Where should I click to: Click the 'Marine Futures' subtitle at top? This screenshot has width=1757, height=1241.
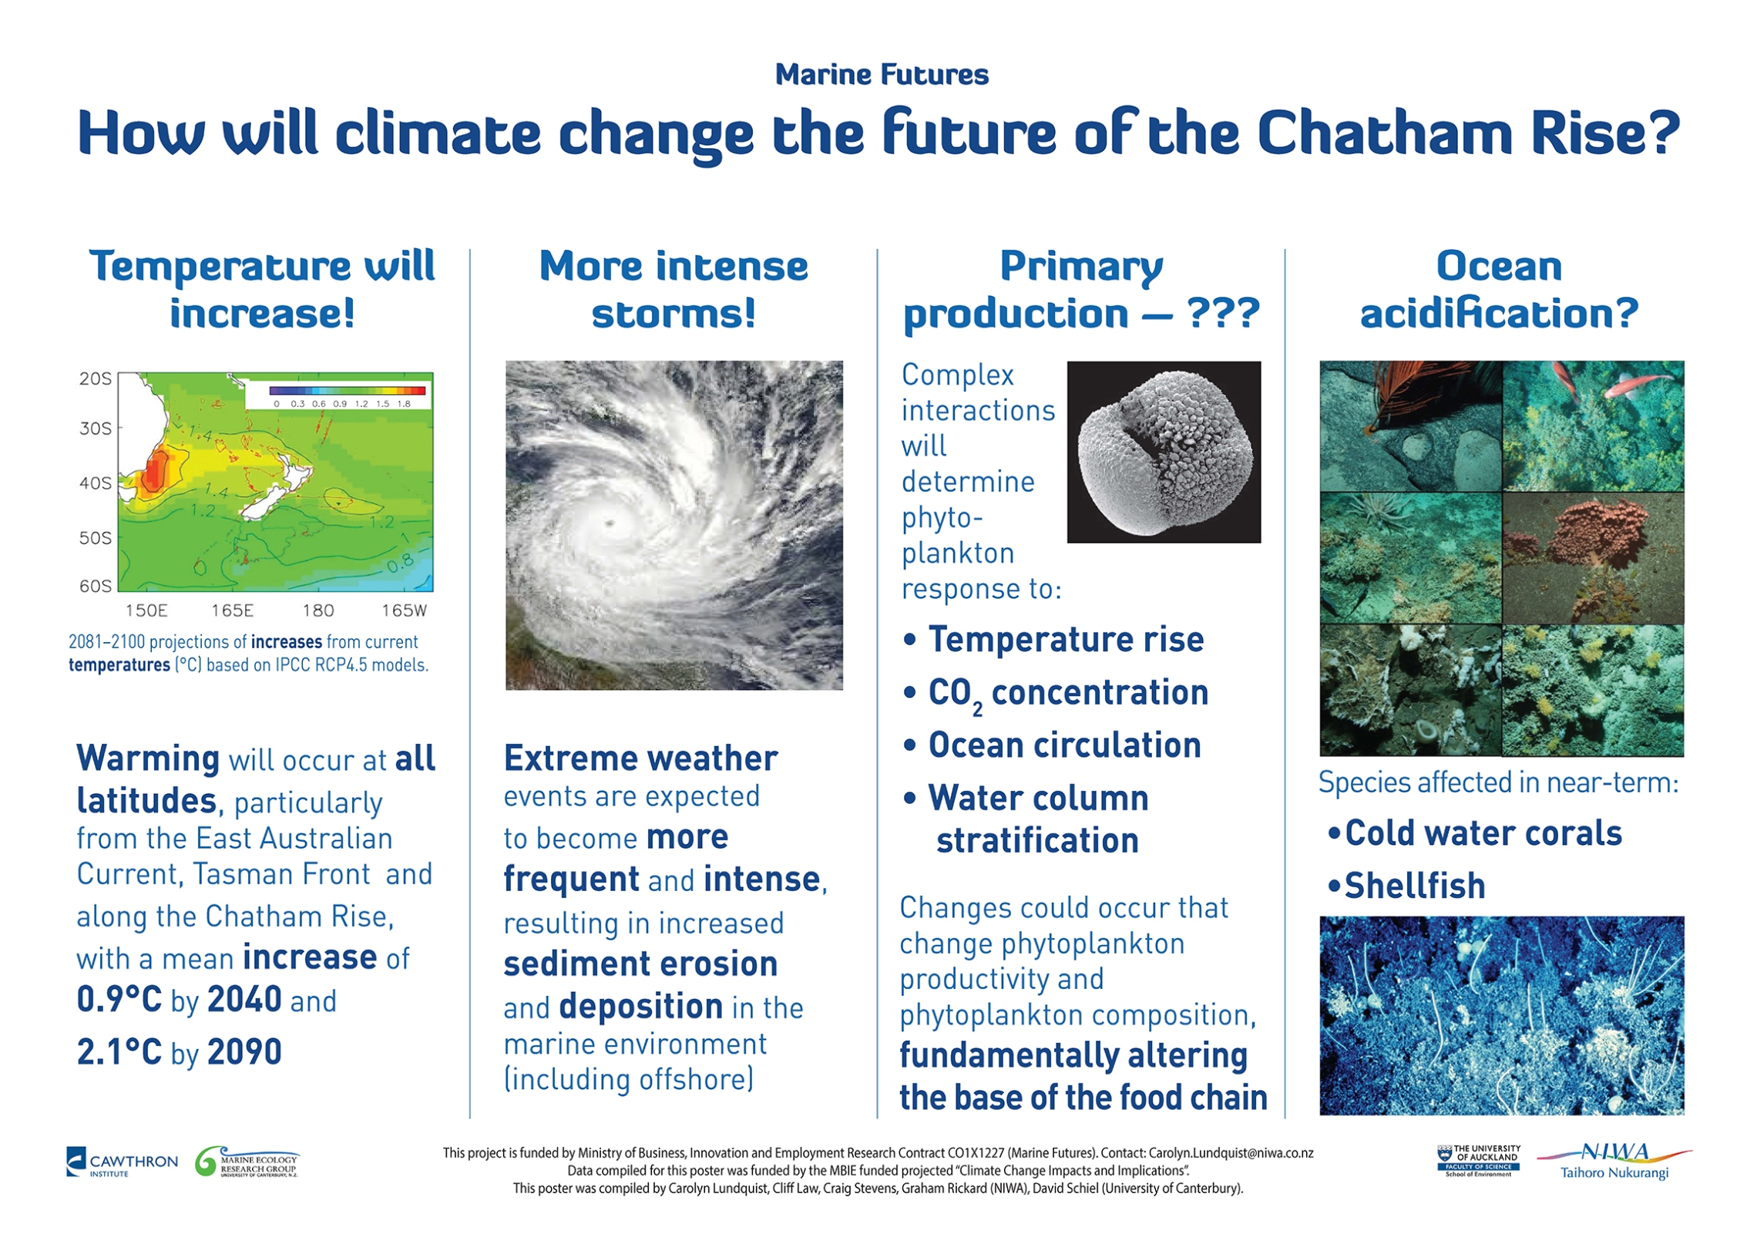click(881, 75)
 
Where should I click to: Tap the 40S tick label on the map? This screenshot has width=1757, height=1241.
click(96, 483)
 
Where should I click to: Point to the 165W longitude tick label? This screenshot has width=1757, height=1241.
click(404, 610)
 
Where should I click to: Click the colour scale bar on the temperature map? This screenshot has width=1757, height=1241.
click(347, 391)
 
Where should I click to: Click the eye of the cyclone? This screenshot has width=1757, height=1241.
click(612, 523)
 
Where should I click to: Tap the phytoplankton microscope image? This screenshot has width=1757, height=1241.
click(1163, 452)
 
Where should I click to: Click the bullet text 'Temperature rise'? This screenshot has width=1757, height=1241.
click(1065, 640)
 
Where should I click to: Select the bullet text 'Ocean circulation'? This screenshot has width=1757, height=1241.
click(1063, 745)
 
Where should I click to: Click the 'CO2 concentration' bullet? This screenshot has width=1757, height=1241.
click(1067, 693)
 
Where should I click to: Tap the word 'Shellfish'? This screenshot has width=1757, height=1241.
click(1414, 886)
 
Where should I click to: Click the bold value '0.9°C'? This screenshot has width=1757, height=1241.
click(119, 1000)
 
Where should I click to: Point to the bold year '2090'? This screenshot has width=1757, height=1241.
click(245, 1052)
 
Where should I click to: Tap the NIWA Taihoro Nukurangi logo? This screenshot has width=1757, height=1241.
click(1614, 1161)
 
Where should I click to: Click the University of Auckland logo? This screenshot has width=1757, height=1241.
click(1478, 1160)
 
